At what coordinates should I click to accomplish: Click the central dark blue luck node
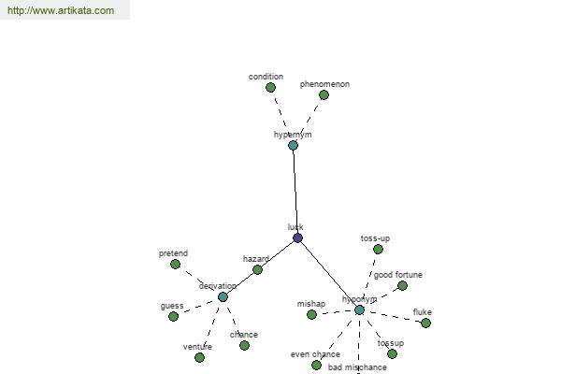(x=297, y=238)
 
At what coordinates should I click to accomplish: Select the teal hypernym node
(x=293, y=146)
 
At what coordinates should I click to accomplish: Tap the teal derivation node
(x=223, y=297)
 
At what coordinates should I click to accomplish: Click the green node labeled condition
(x=270, y=88)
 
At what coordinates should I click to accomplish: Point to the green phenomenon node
(x=324, y=95)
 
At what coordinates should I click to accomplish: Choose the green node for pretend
(x=175, y=265)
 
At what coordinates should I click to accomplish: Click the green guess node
(x=173, y=317)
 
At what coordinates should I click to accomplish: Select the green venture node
(x=199, y=357)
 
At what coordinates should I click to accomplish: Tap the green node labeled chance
(x=244, y=346)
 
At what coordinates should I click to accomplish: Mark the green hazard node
(x=257, y=270)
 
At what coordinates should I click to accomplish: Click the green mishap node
(x=311, y=315)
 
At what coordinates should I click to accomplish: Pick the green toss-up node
(x=378, y=250)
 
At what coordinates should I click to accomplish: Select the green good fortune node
(x=402, y=286)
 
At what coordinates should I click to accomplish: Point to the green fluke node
(x=425, y=324)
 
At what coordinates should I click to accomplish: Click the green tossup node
(x=392, y=354)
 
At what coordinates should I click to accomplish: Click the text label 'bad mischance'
(x=357, y=367)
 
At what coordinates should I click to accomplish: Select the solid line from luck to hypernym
(x=295, y=192)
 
